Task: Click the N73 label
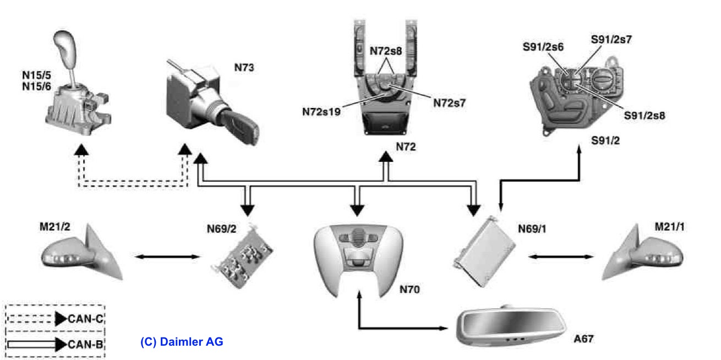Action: coord(244,68)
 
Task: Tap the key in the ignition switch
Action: coord(243,128)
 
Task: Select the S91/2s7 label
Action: coord(611,40)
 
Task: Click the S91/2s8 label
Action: coord(645,116)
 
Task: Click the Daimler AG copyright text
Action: coord(182,342)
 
